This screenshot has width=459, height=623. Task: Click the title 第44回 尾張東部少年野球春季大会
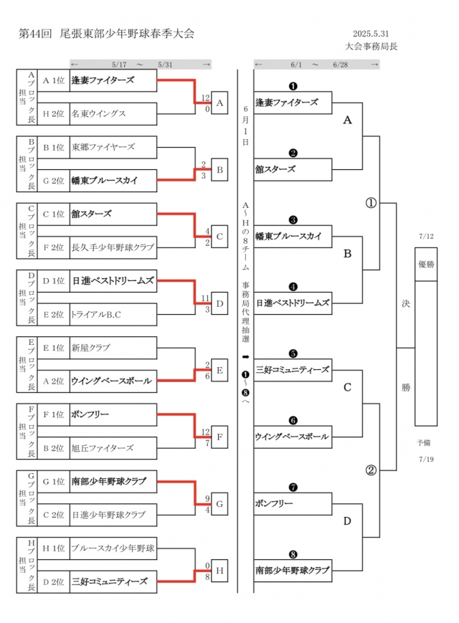click(x=106, y=34)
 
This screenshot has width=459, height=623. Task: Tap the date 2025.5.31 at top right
click(x=371, y=34)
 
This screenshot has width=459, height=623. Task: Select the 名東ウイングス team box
click(x=113, y=113)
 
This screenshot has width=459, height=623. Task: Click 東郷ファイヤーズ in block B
click(x=113, y=147)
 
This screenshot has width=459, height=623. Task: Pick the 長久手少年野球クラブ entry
click(x=113, y=247)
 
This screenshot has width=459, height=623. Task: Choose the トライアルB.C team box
click(x=113, y=314)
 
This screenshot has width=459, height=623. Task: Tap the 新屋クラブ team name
click(x=113, y=348)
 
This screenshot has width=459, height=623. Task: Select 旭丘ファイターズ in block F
click(x=113, y=448)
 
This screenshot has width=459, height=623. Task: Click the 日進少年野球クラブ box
click(x=113, y=515)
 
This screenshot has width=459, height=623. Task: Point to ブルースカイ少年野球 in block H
click(x=113, y=548)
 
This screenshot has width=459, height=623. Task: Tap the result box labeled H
click(x=220, y=571)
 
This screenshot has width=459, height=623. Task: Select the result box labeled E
click(x=220, y=371)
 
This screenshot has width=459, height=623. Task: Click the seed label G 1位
click(x=54, y=482)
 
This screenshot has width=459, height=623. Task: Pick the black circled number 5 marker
click(x=293, y=353)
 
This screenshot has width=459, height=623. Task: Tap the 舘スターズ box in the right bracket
click(x=293, y=169)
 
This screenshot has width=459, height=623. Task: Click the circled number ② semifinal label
click(x=371, y=470)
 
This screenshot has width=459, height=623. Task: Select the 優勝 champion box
click(x=425, y=264)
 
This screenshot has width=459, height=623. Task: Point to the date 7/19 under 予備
click(x=425, y=458)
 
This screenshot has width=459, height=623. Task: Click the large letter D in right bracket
click(x=347, y=520)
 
